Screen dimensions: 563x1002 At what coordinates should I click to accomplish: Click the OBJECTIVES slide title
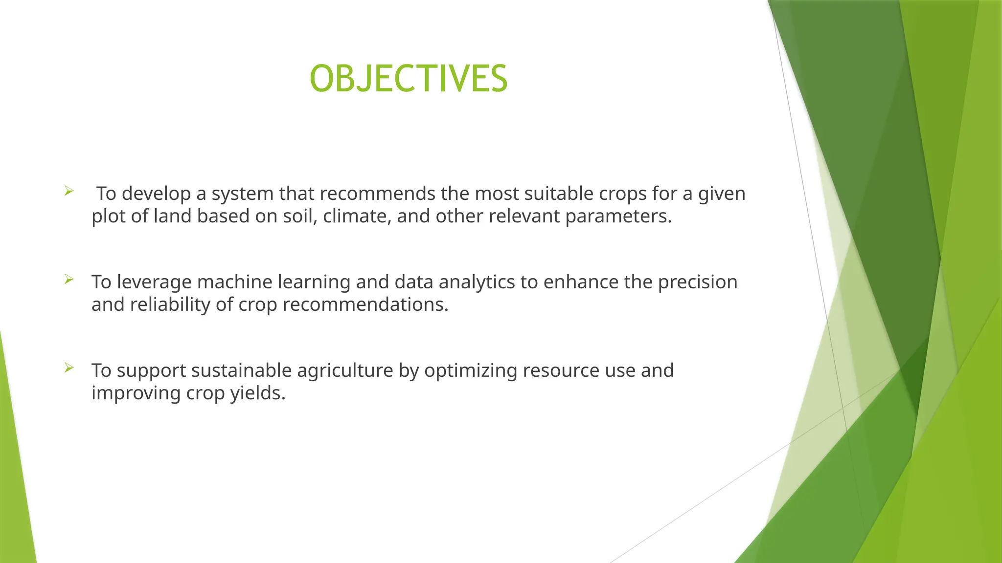click(409, 79)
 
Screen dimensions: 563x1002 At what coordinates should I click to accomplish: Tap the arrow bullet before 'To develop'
click(68, 191)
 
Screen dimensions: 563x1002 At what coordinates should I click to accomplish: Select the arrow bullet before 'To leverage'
click(68, 280)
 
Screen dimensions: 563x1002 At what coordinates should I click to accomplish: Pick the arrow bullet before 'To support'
click(68, 368)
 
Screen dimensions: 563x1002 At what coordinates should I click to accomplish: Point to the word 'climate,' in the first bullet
click(357, 216)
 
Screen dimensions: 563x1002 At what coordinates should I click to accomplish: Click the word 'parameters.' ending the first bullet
click(618, 216)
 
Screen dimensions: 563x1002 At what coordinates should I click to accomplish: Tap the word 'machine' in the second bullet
click(234, 282)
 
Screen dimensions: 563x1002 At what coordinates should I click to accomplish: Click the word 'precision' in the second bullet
click(697, 282)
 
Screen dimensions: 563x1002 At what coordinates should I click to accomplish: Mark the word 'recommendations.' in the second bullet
click(365, 304)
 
